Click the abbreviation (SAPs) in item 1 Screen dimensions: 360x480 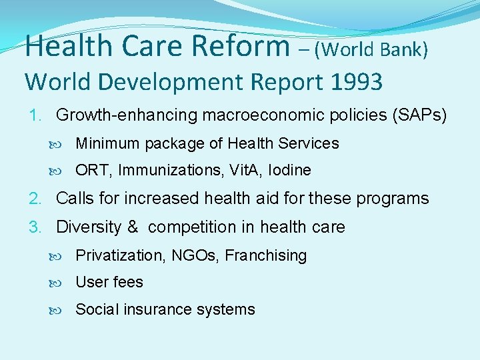(x=422, y=115)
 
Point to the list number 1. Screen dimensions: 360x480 (x=35, y=115)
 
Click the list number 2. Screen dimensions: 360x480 (x=35, y=199)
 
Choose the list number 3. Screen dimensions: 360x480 (x=35, y=227)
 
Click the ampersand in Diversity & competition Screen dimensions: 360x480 (x=132, y=227)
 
